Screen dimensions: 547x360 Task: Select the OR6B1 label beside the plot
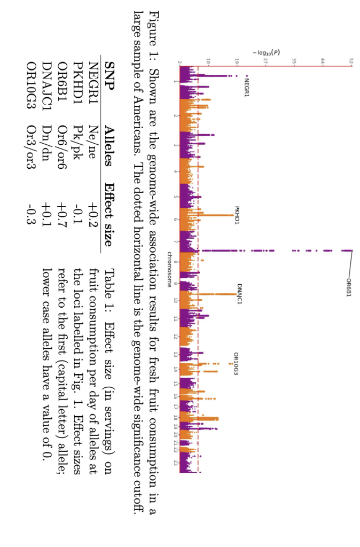click(348, 287)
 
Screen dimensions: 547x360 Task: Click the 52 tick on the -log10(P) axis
click(351, 62)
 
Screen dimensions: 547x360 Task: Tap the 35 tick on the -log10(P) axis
click(294, 62)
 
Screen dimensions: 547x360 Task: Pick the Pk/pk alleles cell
click(77, 147)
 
